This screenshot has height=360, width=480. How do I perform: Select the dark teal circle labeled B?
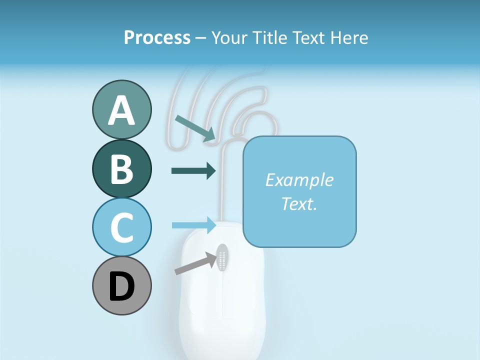pyautogui.click(x=121, y=168)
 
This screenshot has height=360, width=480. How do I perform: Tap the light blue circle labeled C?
pyautogui.click(x=121, y=227)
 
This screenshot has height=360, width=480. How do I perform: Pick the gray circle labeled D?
pyautogui.click(x=121, y=286)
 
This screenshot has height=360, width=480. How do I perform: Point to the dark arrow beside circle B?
pyautogui.click(x=193, y=170)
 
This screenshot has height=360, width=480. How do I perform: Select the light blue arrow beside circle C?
pyautogui.click(x=194, y=225)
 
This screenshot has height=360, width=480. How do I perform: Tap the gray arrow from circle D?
pyautogui.click(x=193, y=263)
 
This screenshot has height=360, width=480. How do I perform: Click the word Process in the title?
pyautogui.click(x=157, y=37)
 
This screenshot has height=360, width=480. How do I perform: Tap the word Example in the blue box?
pyautogui.click(x=299, y=180)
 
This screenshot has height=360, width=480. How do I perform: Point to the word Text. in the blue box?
pyautogui.click(x=299, y=203)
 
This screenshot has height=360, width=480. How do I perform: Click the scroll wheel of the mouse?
pyautogui.click(x=222, y=257)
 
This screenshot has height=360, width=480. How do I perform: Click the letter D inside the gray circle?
pyautogui.click(x=121, y=287)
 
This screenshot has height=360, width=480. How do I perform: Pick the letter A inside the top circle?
pyautogui.click(x=121, y=110)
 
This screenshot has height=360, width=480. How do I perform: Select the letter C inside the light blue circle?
pyautogui.click(x=121, y=227)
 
